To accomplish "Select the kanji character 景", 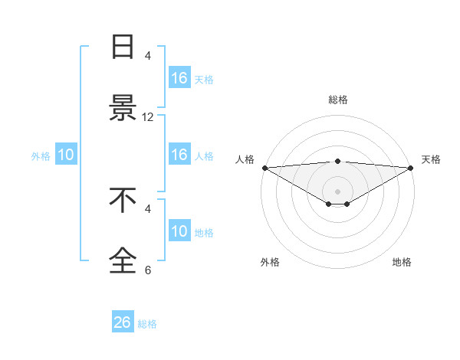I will (123, 108).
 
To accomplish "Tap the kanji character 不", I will (123, 199).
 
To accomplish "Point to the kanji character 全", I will (123, 260).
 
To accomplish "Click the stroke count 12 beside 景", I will (148, 117).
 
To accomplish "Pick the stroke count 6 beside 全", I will (148, 270).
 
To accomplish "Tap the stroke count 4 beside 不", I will (148, 208).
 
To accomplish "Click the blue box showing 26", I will (123, 322).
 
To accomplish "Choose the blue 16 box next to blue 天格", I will (179, 78).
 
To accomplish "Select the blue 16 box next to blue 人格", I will (179, 155).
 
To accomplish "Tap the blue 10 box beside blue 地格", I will (179, 231).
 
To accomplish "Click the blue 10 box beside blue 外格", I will (66, 155).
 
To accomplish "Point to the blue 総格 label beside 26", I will (147, 324).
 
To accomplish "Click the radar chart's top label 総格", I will (338, 100).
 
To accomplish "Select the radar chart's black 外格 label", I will (270, 262).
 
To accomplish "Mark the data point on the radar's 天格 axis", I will (411, 167).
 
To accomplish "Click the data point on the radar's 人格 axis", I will (264, 167).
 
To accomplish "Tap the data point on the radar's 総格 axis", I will (338, 161).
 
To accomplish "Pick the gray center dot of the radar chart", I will (338, 191).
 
